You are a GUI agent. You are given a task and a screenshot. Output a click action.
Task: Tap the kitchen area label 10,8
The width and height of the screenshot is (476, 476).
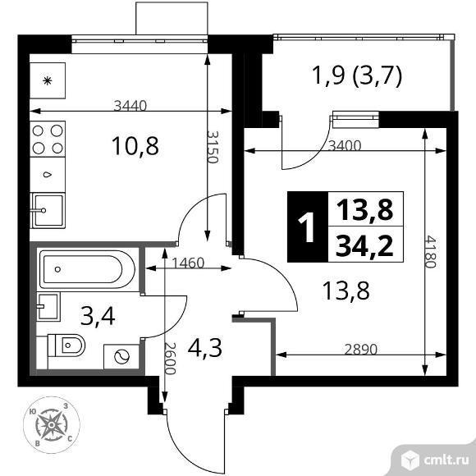click(x=135, y=147)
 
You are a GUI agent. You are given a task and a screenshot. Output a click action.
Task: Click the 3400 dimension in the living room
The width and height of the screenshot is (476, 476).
click(x=342, y=146)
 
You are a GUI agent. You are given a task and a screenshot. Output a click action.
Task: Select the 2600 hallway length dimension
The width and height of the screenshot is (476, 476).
click(x=171, y=359)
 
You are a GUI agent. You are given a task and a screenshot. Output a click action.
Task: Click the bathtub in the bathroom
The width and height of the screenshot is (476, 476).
click(x=86, y=268)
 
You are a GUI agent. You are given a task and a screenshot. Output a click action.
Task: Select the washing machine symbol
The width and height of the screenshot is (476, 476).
click(x=121, y=355)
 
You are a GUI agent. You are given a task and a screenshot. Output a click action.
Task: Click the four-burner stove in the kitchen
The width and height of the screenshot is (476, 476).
click(x=48, y=139)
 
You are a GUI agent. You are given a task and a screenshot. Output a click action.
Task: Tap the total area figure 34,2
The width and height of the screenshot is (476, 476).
click(x=361, y=245)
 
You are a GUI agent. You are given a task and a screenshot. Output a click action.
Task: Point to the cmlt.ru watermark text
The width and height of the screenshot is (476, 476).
click(x=443, y=456)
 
